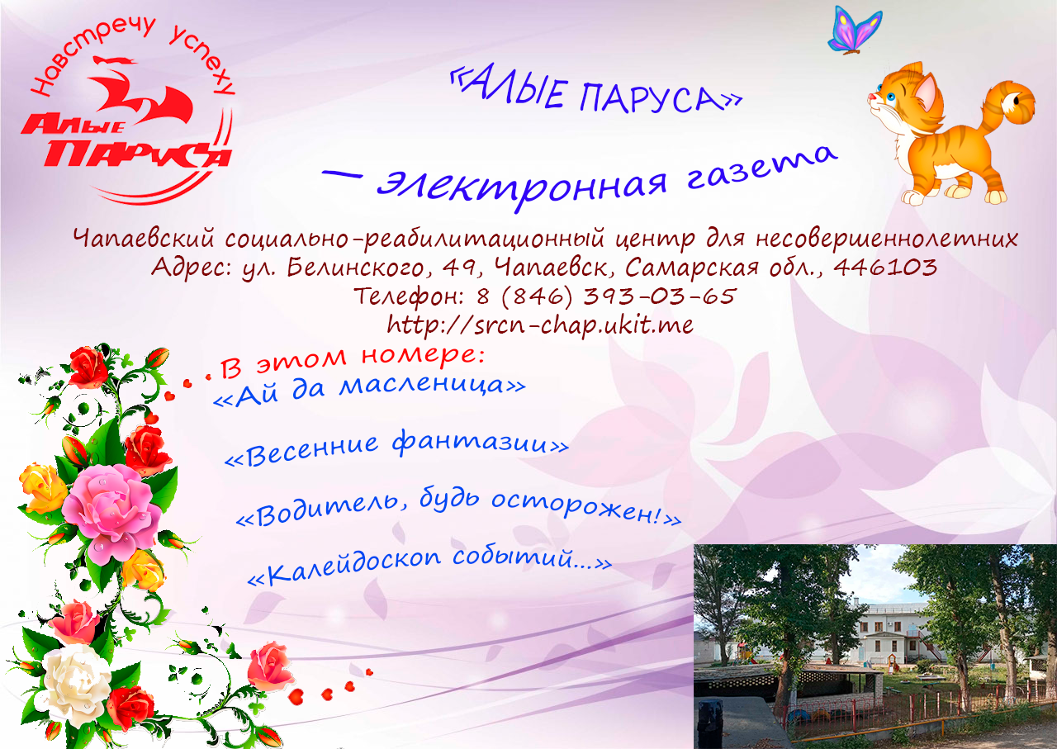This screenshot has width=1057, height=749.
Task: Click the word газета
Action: [x=761, y=168]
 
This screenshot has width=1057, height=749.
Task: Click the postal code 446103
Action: [x=884, y=267]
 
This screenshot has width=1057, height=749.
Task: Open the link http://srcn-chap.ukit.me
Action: [x=540, y=325]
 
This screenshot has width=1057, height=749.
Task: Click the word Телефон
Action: [x=410, y=296]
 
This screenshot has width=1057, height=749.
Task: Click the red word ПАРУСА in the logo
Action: [x=136, y=153]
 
